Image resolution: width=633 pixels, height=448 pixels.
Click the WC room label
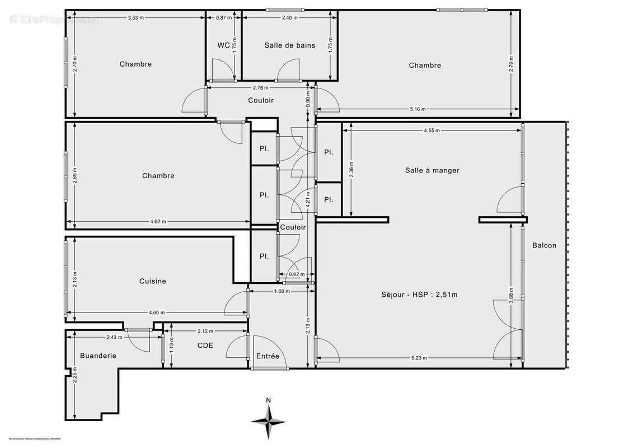click(x=223, y=45)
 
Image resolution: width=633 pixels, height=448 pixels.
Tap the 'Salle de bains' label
click(x=289, y=45)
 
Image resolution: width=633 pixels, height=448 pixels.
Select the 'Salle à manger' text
click(x=432, y=170)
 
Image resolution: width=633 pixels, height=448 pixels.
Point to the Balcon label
click(x=544, y=245)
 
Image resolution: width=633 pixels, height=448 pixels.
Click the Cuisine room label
click(x=153, y=281)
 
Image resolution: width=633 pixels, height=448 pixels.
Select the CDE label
click(x=205, y=346)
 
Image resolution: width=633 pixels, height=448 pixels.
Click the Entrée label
click(x=268, y=356)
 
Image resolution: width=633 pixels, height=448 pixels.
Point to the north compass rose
click(x=269, y=419)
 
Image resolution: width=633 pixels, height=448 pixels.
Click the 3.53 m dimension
click(x=135, y=18)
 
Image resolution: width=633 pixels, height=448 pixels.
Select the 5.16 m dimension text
click(x=418, y=109)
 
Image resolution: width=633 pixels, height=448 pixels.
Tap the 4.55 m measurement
click(x=431, y=130)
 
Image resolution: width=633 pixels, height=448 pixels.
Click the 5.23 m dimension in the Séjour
click(x=419, y=358)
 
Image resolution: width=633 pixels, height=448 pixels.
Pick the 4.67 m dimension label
click(x=158, y=221)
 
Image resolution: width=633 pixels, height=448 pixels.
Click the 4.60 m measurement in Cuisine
click(x=157, y=312)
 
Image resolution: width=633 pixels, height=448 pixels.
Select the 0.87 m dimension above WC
click(x=224, y=18)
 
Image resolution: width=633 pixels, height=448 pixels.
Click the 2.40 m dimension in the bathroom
click(x=289, y=18)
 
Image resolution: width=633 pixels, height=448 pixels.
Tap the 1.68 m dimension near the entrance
click(x=282, y=291)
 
